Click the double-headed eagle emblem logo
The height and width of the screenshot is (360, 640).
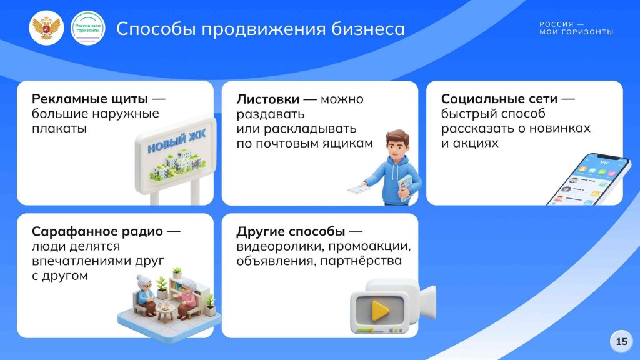pos(46,27)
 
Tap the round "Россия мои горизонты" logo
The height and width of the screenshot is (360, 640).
pos(87,27)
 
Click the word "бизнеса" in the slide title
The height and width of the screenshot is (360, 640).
pos(368,29)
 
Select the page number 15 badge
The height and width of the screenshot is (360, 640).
pos(622,341)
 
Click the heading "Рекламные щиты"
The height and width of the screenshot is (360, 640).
pos(90,99)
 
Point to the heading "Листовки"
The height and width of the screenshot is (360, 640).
pos(267,99)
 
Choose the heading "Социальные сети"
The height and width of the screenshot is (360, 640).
pos(499,99)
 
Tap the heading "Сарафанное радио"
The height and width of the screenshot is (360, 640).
pos(97,231)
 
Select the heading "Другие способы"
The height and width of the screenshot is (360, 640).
pos(291,231)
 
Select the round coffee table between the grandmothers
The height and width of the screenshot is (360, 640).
pos(166,311)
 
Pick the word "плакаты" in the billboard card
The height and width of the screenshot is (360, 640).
pos(59,128)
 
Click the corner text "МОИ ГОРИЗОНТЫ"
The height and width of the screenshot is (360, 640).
pos(576,32)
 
